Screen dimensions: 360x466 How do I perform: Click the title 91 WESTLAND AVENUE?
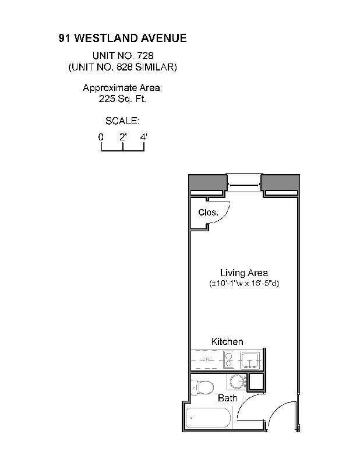click(122, 38)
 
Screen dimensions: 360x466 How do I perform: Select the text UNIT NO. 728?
click(123, 55)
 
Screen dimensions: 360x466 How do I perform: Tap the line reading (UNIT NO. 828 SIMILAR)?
click(122, 67)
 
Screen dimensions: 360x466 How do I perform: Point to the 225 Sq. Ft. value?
click(122, 98)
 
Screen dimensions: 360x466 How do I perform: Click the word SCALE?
click(122, 121)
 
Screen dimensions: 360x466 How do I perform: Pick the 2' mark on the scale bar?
click(123, 137)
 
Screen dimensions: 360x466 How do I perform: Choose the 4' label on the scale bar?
click(144, 137)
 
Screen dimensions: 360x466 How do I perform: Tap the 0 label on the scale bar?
click(101, 137)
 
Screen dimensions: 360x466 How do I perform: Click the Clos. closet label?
click(208, 212)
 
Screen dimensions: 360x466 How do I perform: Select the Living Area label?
click(243, 273)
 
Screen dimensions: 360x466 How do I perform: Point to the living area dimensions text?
click(243, 283)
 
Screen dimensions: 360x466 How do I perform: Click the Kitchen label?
click(227, 341)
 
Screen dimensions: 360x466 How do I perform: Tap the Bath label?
click(227, 398)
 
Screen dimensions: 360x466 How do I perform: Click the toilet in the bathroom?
click(202, 387)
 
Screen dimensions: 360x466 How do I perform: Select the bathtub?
click(208, 418)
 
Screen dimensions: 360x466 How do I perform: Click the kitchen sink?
click(250, 360)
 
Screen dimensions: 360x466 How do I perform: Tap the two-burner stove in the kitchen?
click(228, 359)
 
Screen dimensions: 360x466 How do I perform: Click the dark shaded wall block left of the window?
click(208, 182)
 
